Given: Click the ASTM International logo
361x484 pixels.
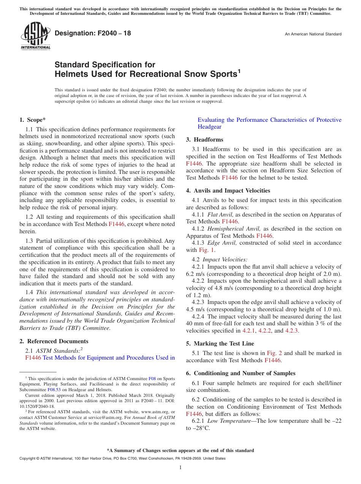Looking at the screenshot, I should click(35, 36).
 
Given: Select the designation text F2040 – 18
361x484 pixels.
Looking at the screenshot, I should click(93, 33).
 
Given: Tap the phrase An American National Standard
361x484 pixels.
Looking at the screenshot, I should click(313, 34).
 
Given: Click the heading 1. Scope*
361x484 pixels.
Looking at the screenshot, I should click(33, 120).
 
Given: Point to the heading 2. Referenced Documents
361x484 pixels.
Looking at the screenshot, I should click(54, 341).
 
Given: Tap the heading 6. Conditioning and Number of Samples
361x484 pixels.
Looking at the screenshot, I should click(241, 373).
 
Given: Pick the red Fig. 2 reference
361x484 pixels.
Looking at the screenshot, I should click(274, 353).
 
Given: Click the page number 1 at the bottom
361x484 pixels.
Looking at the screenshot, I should click(180, 468).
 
